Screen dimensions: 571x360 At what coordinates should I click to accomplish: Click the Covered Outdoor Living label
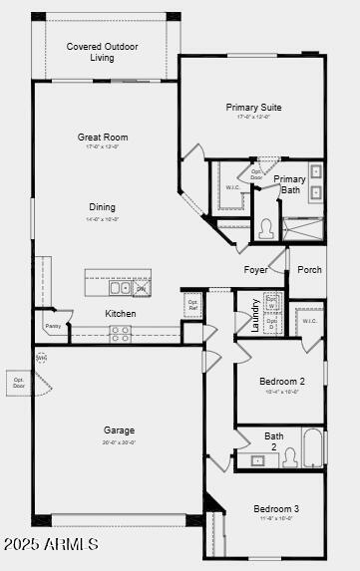(x=103, y=52)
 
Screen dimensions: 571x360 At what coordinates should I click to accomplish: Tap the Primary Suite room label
(x=253, y=107)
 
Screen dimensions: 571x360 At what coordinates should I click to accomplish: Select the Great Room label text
(x=103, y=138)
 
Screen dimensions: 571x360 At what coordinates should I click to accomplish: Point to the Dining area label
(x=102, y=207)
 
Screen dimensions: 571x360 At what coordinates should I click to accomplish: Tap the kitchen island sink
(x=120, y=288)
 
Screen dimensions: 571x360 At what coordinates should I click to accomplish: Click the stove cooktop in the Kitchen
(x=120, y=336)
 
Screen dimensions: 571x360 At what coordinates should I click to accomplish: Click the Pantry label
(x=53, y=325)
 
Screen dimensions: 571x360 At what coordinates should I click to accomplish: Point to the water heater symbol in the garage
(x=41, y=357)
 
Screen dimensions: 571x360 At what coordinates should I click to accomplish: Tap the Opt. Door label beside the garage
(x=18, y=382)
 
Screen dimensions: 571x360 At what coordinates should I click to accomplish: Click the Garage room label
(x=119, y=430)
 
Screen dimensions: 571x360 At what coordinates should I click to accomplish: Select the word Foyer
(x=255, y=269)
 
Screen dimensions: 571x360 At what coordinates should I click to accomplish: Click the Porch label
(x=310, y=269)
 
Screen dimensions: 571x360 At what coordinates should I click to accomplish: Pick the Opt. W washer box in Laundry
(x=272, y=300)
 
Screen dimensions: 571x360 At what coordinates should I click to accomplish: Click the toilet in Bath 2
(x=290, y=457)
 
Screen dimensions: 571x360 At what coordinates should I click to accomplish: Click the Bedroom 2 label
(x=282, y=381)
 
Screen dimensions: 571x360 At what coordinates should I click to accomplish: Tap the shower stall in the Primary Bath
(x=303, y=228)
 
